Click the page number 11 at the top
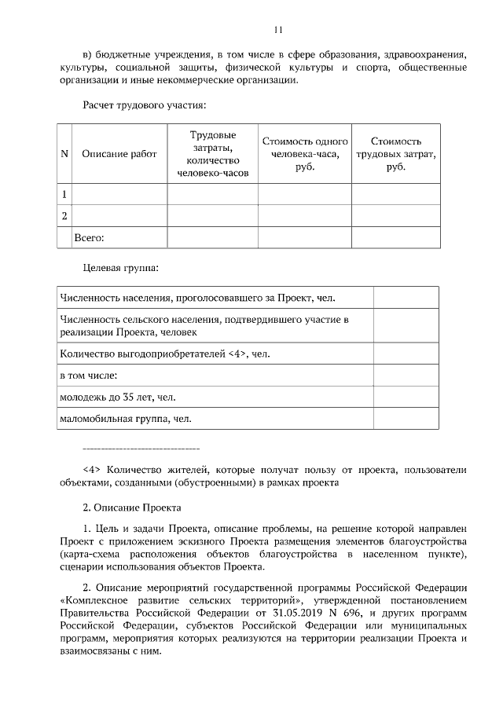click(277, 31)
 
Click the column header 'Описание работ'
click(119, 154)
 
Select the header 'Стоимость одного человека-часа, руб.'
click(304, 154)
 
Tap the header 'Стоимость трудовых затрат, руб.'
click(395, 154)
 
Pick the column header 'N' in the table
click(64, 154)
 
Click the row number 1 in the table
click(64, 194)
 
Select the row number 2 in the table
click(64, 215)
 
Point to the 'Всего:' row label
click(89, 236)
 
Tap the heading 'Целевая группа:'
click(121, 268)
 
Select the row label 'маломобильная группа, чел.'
click(125, 419)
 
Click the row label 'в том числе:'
click(89, 376)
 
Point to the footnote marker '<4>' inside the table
click(239, 354)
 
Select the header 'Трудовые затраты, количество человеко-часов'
click(212, 154)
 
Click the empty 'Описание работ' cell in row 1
click(119, 194)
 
